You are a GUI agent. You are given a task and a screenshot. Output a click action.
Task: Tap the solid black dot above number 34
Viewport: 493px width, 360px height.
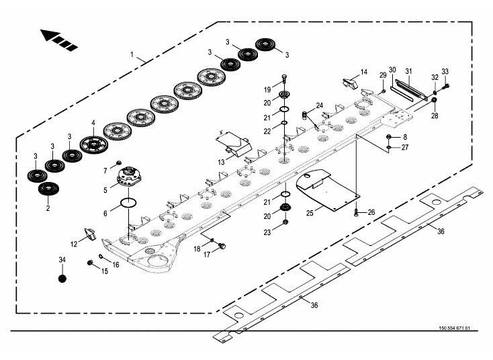click(x=62, y=278)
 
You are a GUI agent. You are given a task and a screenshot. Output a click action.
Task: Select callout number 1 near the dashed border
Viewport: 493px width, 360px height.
click(x=132, y=53)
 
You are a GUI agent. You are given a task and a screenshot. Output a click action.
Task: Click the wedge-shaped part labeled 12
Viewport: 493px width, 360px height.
click(x=90, y=234)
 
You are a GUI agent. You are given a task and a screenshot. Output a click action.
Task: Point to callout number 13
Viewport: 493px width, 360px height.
click(x=222, y=162)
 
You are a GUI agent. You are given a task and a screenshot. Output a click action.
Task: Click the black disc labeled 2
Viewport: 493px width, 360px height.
click(x=46, y=189)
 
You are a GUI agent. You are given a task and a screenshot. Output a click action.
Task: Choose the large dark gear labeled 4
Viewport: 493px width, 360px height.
click(x=93, y=143)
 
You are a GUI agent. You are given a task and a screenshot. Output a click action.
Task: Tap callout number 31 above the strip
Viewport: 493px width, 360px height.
click(x=408, y=71)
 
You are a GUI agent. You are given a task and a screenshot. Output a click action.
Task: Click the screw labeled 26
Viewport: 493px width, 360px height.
click(x=355, y=212)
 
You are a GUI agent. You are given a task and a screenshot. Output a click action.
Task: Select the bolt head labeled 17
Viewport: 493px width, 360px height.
click(x=223, y=246)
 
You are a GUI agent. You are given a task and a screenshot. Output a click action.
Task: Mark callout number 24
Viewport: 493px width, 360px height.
click(x=320, y=105)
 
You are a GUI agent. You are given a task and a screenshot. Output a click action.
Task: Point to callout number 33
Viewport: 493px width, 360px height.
click(x=445, y=71)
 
